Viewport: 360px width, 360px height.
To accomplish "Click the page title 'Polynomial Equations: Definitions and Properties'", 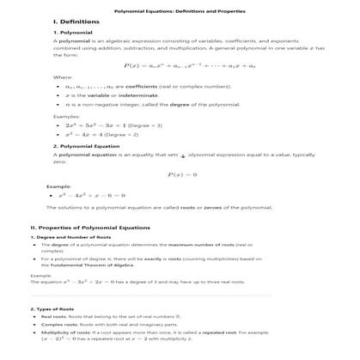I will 180,10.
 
